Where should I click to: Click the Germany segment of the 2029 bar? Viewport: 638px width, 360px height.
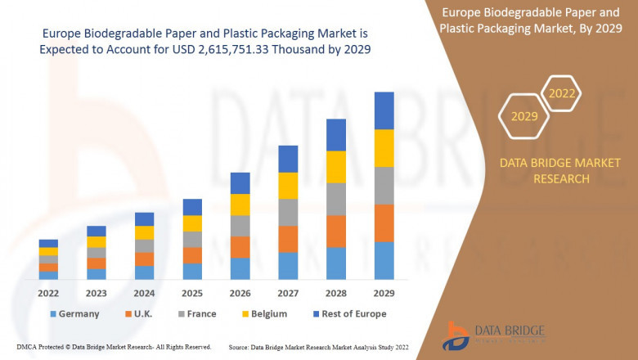click(384, 260)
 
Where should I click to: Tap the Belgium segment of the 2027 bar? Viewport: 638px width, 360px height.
click(288, 186)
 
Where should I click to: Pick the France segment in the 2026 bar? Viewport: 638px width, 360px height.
click(240, 226)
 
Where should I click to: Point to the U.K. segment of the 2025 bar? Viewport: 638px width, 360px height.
click(192, 255)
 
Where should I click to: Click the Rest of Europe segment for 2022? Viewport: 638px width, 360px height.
click(48, 243)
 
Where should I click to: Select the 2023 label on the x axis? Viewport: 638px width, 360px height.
click(97, 292)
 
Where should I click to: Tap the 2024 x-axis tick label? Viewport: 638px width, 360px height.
click(144, 292)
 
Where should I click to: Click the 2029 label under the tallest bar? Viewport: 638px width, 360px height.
click(384, 292)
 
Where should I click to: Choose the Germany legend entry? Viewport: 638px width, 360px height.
click(74, 313)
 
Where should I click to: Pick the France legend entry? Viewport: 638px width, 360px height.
click(196, 313)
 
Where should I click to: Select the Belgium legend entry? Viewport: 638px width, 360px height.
click(262, 313)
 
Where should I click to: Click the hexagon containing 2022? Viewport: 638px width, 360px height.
click(561, 93)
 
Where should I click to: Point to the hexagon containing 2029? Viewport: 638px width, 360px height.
click(524, 116)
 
